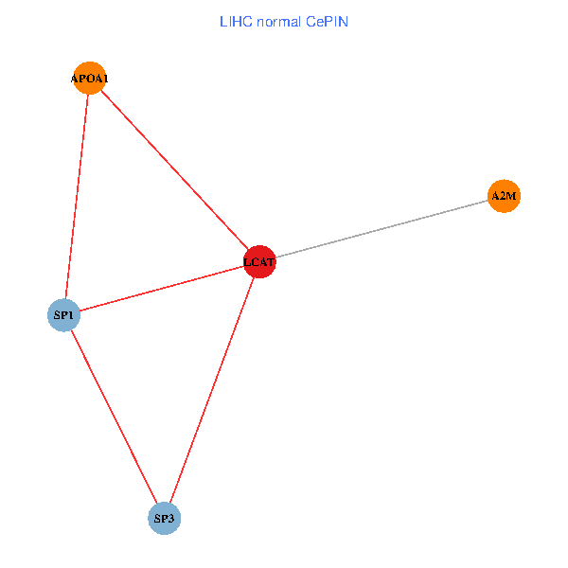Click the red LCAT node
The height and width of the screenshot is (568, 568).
[259, 261]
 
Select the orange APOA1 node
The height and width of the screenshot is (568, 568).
[89, 79]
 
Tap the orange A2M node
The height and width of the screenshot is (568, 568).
[504, 196]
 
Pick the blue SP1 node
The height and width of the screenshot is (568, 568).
[63, 314]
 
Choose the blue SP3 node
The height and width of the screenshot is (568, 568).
[165, 519]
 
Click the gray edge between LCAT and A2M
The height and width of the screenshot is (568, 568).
[382, 229]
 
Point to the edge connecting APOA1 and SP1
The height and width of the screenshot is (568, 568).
[76, 197]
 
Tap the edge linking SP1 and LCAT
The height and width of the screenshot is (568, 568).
[161, 288]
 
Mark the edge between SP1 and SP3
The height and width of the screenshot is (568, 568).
[114, 417]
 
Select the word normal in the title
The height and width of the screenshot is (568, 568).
[276, 21]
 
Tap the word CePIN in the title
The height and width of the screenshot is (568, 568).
[327, 21]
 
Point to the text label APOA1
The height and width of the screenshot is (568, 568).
[89, 79]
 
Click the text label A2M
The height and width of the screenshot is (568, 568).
[504, 196]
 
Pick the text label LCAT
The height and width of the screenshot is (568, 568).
[259, 261]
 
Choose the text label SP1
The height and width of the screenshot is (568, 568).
[63, 314]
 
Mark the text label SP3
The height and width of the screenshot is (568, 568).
[165, 519]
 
